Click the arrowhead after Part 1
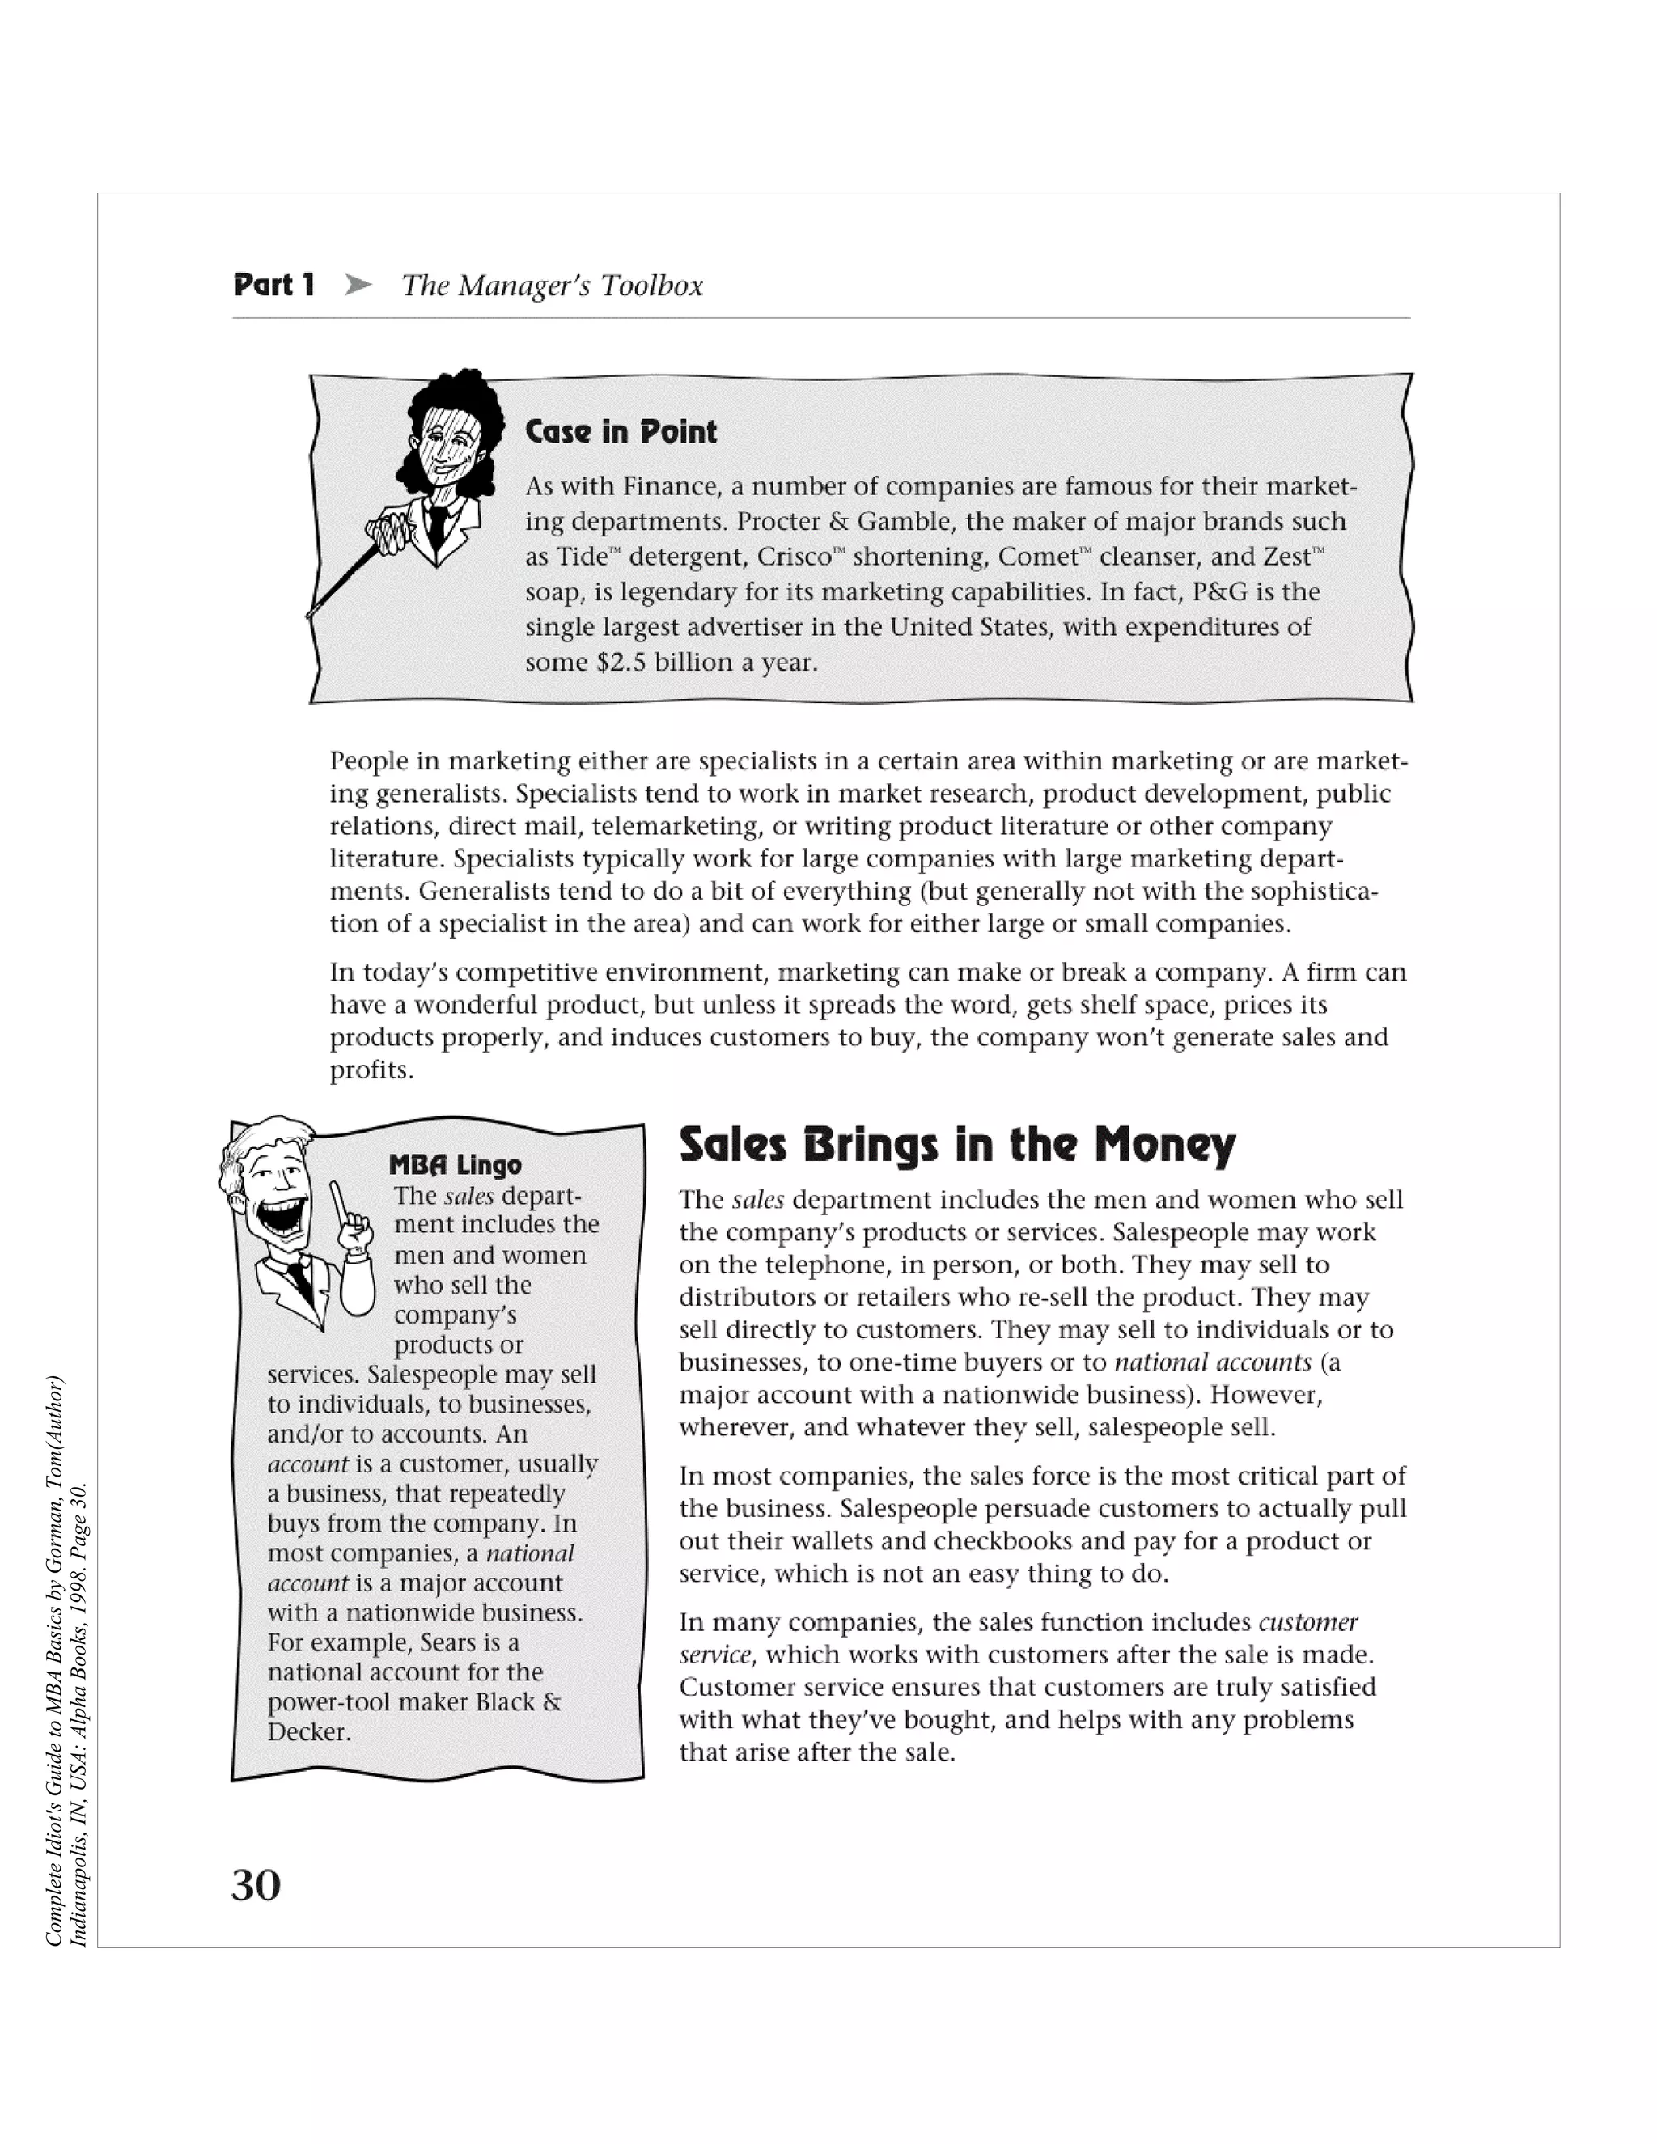point(359,286)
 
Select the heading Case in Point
point(621,432)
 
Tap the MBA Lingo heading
point(455,1165)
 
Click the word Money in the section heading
point(1164,1145)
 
